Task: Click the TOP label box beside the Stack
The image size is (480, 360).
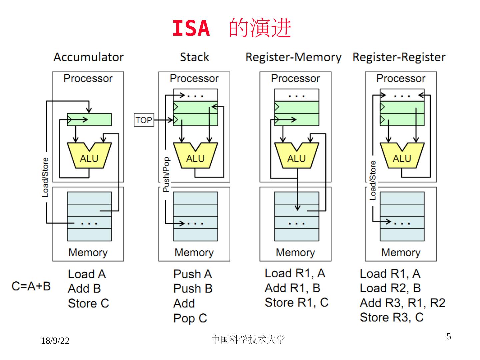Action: point(144,120)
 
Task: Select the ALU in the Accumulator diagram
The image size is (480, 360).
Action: point(89,157)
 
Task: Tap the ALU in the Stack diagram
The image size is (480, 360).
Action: point(195,157)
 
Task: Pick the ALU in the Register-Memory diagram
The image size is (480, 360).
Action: point(296,157)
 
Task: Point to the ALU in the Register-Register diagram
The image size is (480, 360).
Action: point(402,157)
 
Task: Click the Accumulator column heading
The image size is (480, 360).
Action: point(89,57)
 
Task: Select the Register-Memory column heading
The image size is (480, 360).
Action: point(293,57)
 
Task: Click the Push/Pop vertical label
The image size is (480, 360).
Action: point(166,174)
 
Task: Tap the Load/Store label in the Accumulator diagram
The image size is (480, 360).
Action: point(45,177)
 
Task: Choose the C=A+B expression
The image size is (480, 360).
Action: point(31,286)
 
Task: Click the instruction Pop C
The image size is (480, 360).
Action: point(190,318)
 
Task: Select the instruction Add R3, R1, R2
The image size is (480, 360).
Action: point(402,303)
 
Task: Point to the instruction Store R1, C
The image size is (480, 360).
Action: point(296,303)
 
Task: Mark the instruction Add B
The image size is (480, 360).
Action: point(84,289)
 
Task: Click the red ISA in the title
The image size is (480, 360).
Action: point(191,29)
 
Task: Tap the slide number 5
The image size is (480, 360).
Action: point(449,336)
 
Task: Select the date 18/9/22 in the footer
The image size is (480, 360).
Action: point(55,341)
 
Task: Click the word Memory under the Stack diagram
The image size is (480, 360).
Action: point(194,253)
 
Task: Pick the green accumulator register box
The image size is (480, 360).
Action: point(89,120)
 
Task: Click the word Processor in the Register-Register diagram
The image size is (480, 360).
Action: point(401,78)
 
